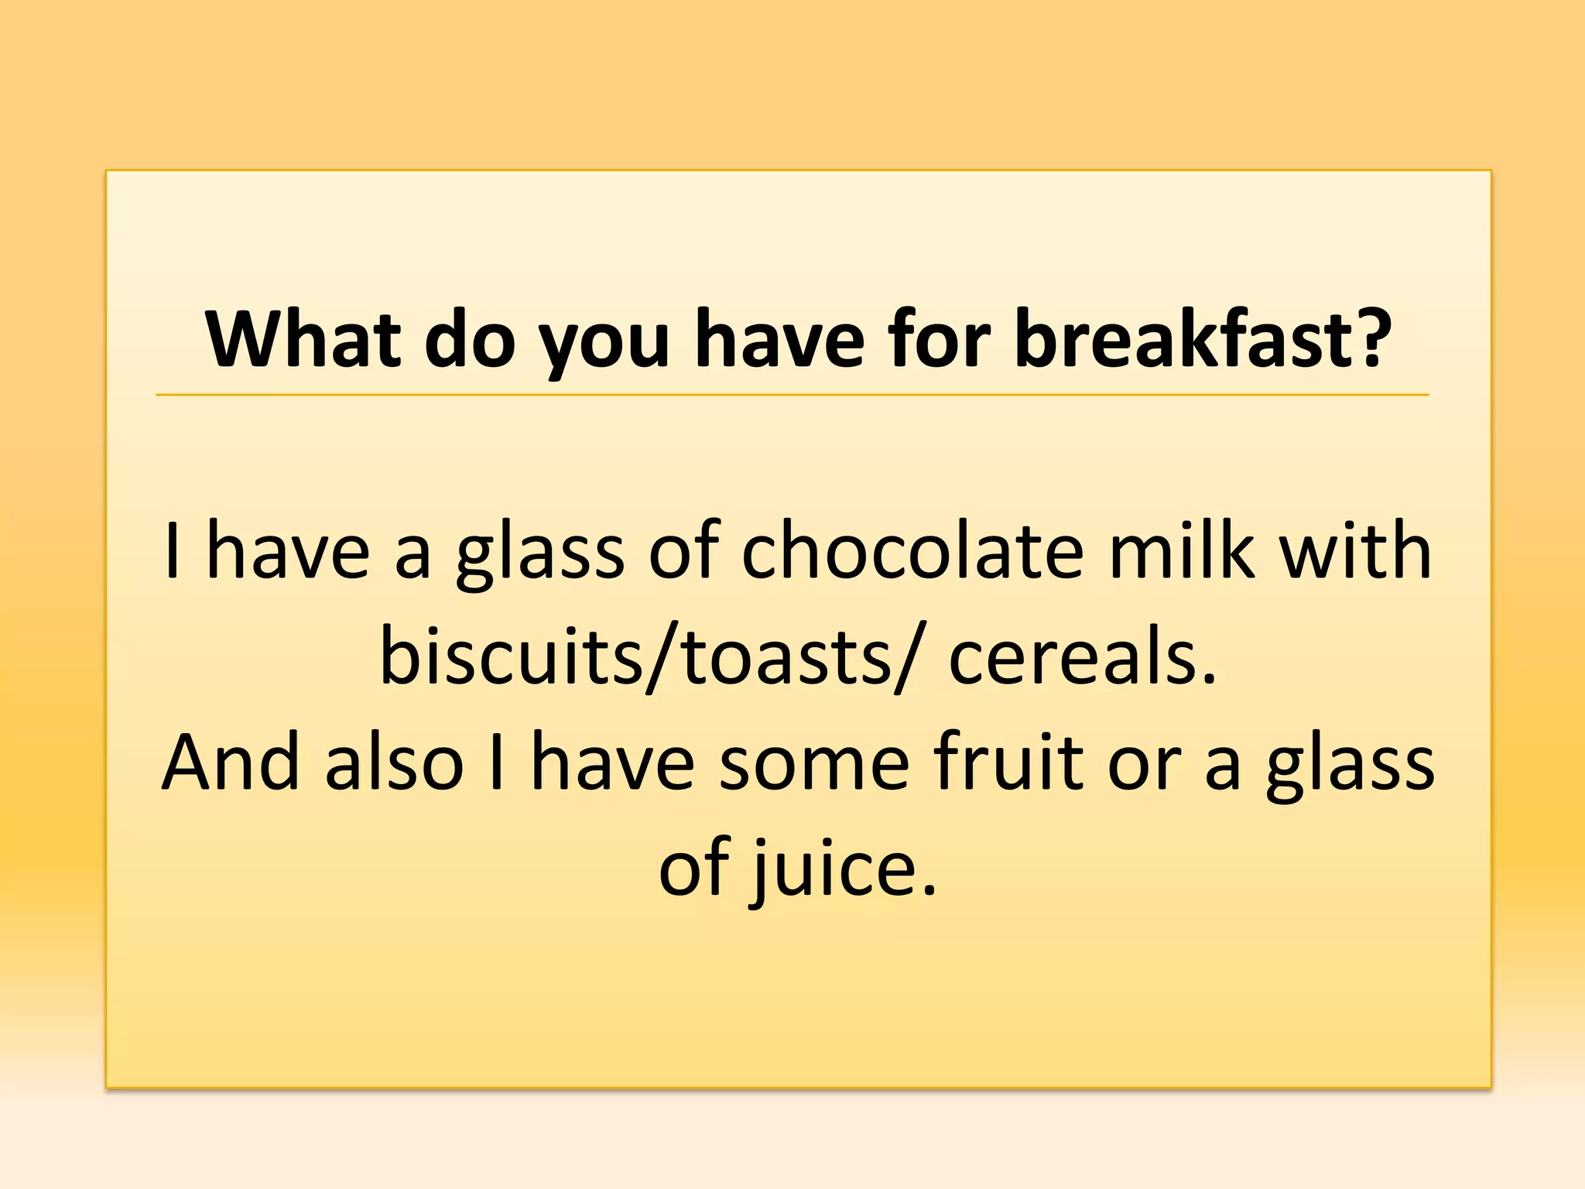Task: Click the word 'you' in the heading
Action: point(604,344)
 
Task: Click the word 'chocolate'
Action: point(913,551)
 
